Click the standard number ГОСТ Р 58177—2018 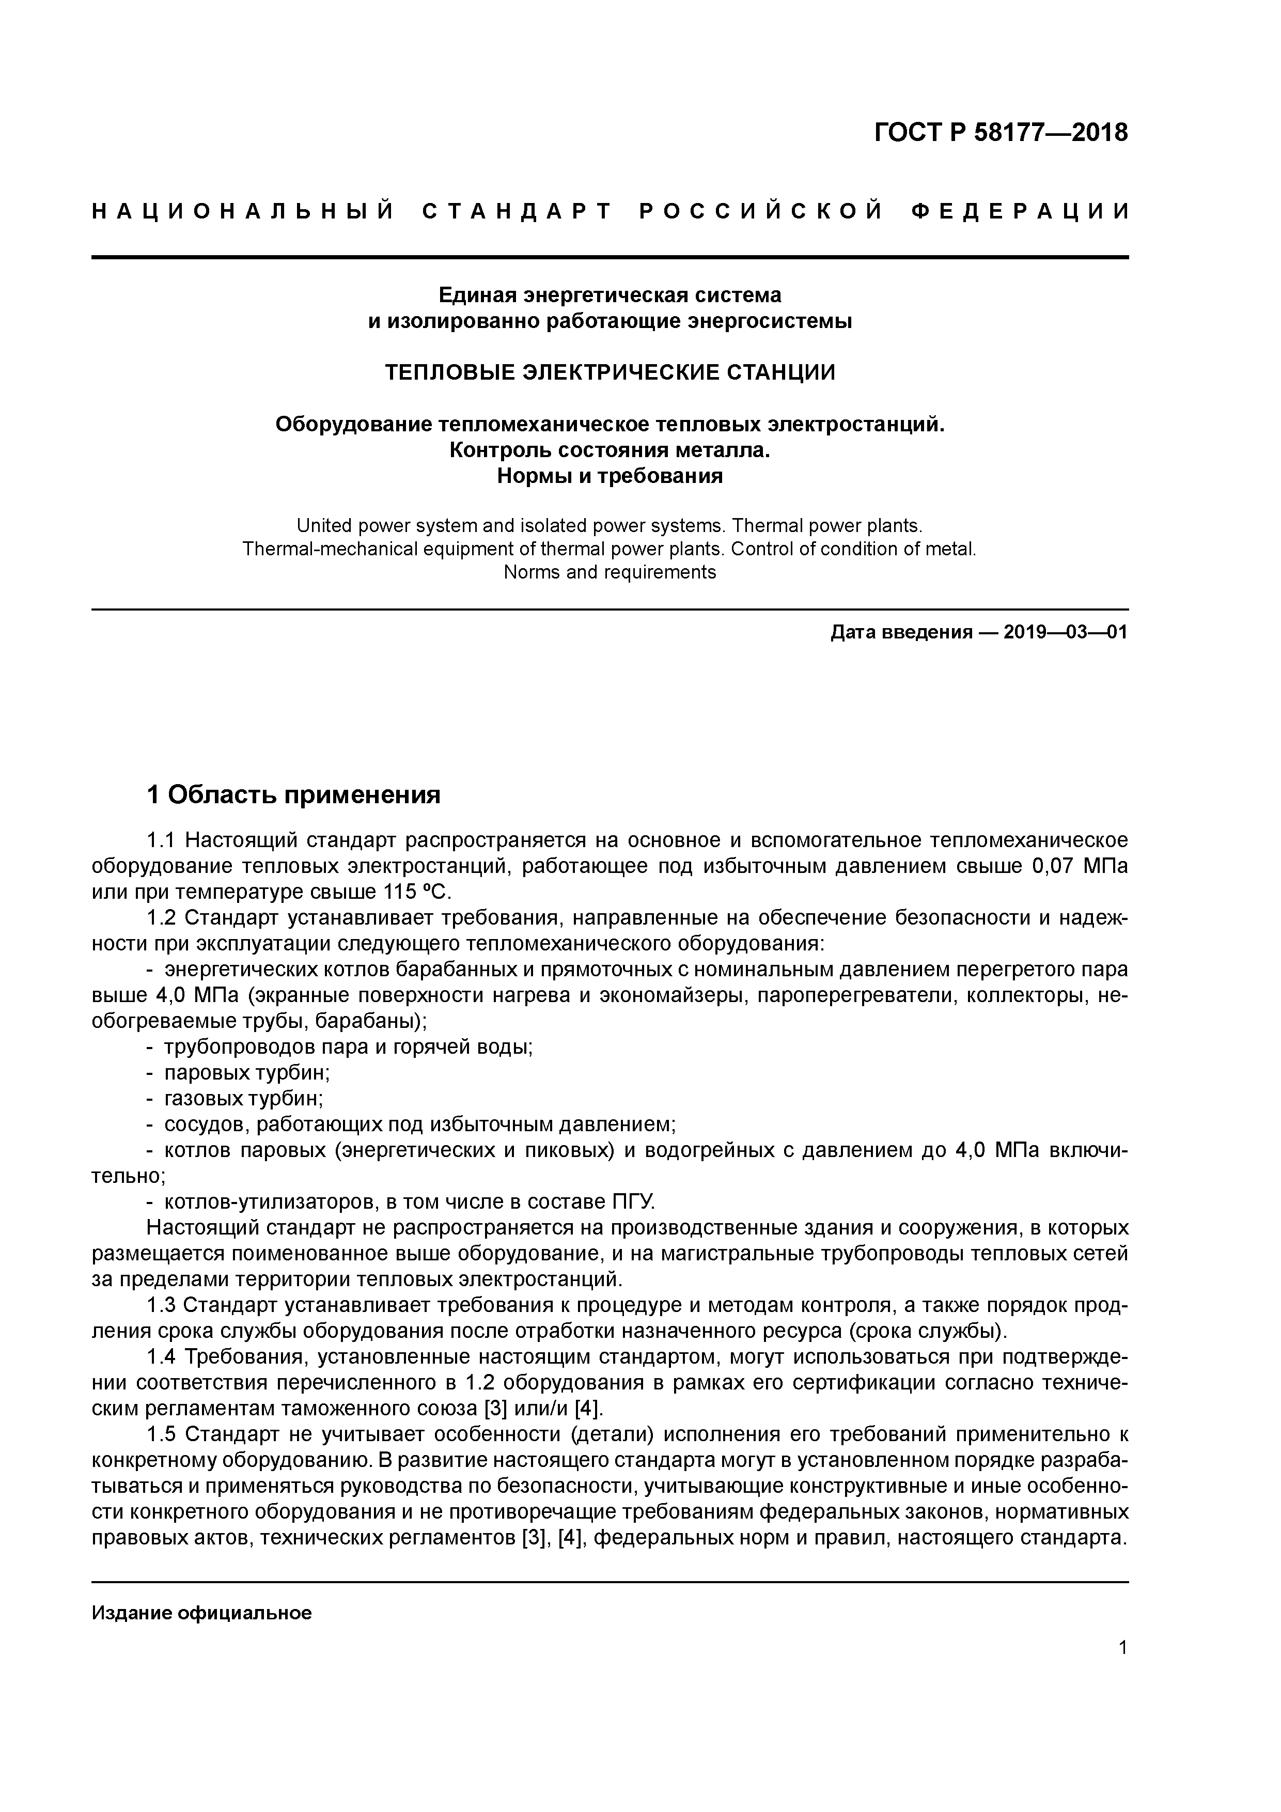point(1001,133)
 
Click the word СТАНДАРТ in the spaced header point(517,211)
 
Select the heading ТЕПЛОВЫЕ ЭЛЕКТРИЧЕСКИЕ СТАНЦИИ point(610,372)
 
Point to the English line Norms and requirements point(610,572)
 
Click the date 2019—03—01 point(1066,632)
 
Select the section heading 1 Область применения point(293,795)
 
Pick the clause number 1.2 point(164,918)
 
